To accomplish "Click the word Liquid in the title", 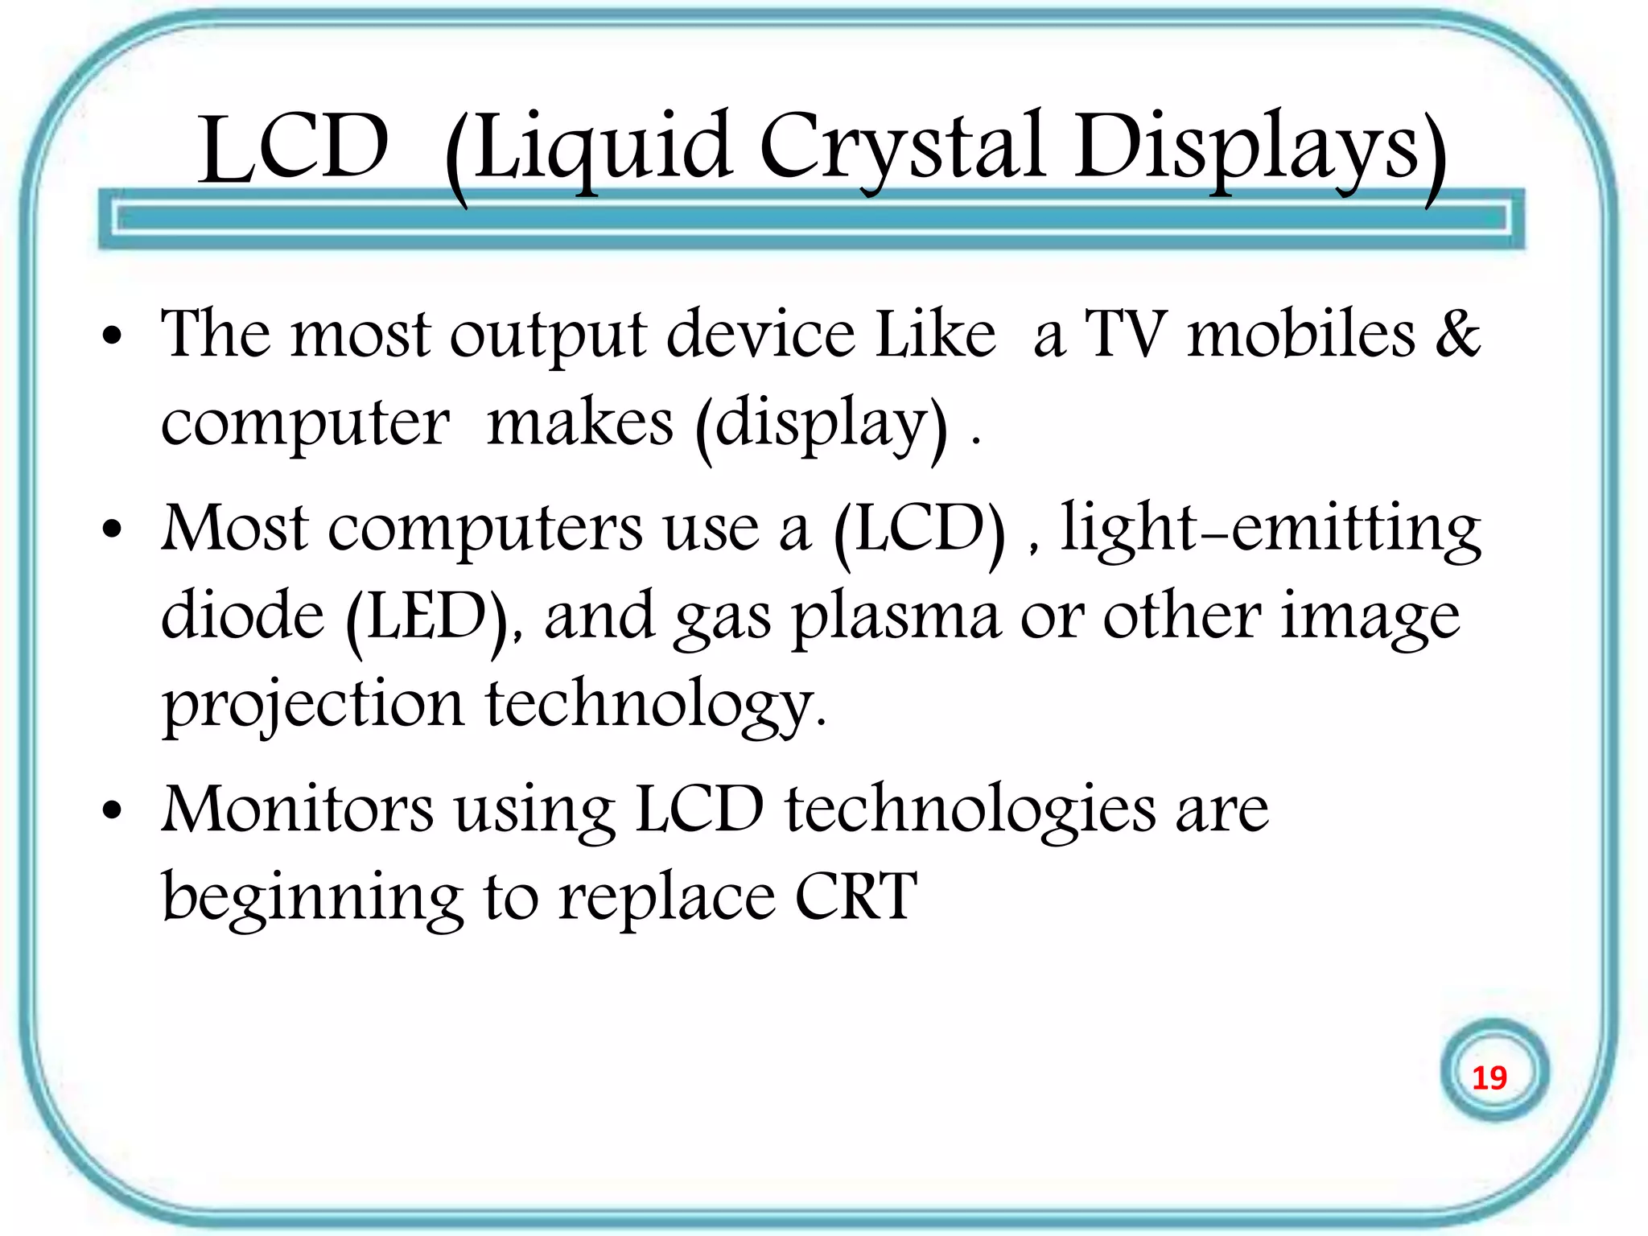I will [602, 149].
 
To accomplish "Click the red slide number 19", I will [1489, 1077].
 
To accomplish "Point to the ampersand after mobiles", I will [1457, 333].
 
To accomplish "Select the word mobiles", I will [1301, 333].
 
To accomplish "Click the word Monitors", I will [298, 809].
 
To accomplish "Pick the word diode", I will [242, 616].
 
